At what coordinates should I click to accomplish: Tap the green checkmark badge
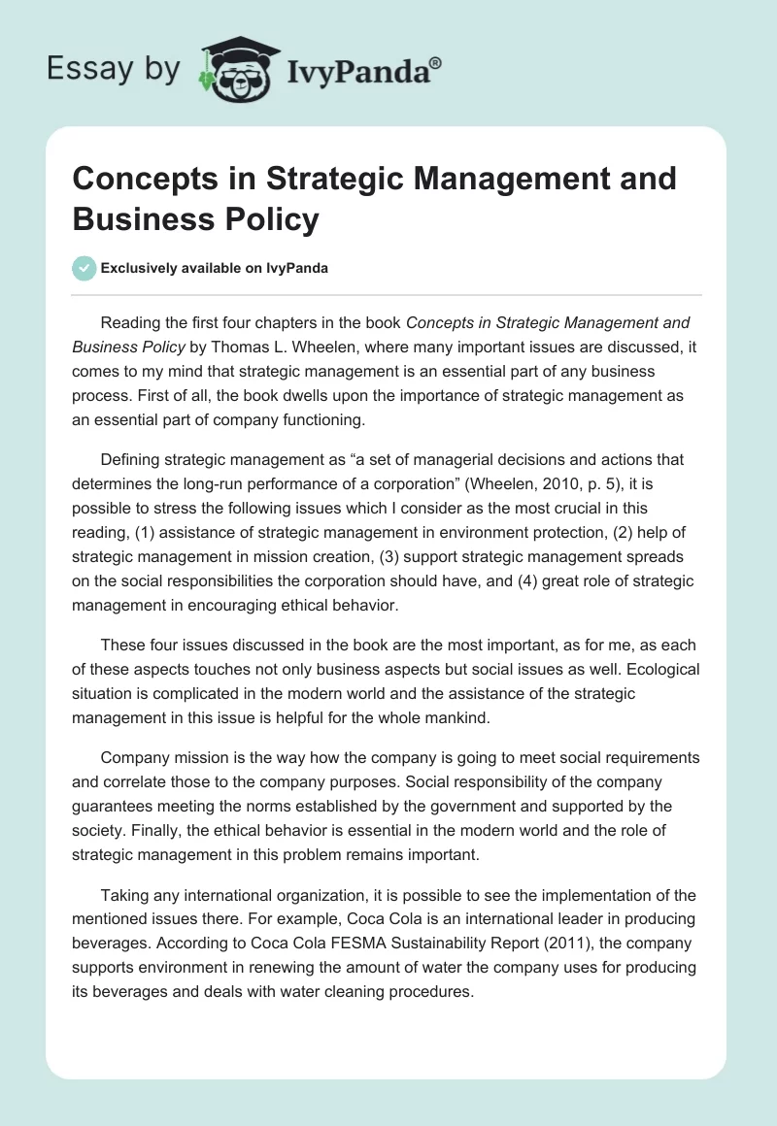pos(84,268)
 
